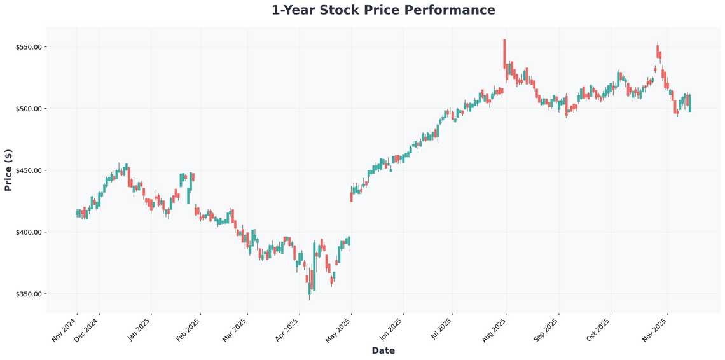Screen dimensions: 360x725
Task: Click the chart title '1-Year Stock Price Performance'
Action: click(x=383, y=10)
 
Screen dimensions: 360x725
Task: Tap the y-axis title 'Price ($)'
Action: click(x=8, y=170)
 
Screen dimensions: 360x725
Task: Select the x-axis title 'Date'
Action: click(x=383, y=350)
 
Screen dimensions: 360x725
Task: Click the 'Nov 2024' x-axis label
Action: click(x=64, y=329)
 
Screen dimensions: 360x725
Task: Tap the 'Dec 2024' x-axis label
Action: click(x=86, y=329)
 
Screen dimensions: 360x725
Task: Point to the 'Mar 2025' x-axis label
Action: click(x=235, y=329)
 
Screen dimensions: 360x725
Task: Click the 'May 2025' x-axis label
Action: click(x=338, y=329)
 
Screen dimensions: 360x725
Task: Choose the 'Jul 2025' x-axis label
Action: click(x=440, y=329)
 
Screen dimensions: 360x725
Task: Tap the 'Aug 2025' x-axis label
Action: click(x=494, y=329)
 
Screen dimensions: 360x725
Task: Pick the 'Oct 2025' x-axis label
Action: click(x=598, y=329)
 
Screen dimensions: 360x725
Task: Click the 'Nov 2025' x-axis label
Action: click(x=654, y=329)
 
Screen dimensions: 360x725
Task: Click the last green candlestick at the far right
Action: click(x=690, y=103)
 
